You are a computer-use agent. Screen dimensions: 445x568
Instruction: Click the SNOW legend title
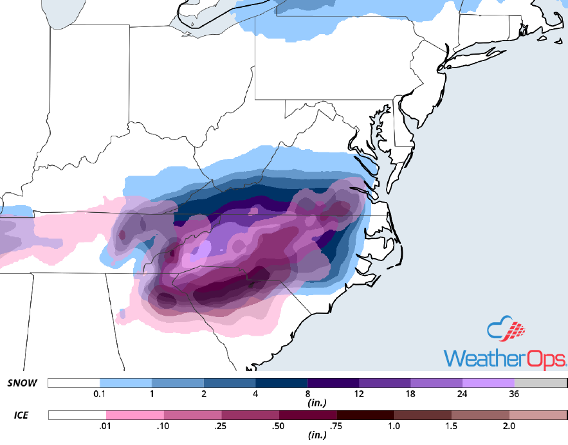coord(23,383)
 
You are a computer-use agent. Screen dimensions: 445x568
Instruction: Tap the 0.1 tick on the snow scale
coord(100,393)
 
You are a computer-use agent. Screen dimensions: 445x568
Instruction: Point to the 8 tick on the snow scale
coord(307,393)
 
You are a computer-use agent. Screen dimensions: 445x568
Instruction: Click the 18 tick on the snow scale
coord(411,393)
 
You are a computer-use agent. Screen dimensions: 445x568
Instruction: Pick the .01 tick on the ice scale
coord(106,425)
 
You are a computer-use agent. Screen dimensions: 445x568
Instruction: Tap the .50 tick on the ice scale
coord(279,425)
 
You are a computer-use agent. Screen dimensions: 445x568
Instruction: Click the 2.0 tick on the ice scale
coord(509,425)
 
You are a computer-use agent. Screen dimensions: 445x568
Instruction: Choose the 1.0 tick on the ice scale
coord(394,425)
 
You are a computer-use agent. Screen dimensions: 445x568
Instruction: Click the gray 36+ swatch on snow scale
coord(540,383)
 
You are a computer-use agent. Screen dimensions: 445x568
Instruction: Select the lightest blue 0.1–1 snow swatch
coord(125,383)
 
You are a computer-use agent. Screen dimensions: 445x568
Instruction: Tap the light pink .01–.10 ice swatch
coord(135,415)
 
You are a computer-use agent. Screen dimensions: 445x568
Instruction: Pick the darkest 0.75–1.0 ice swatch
coord(365,415)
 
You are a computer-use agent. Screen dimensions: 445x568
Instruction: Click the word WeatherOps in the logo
coord(505,358)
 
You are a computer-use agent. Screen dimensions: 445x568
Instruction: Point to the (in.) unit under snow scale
coord(307,403)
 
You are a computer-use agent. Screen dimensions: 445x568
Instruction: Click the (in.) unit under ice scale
coord(307,435)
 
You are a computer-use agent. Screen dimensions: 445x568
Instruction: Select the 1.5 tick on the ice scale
coord(452,425)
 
